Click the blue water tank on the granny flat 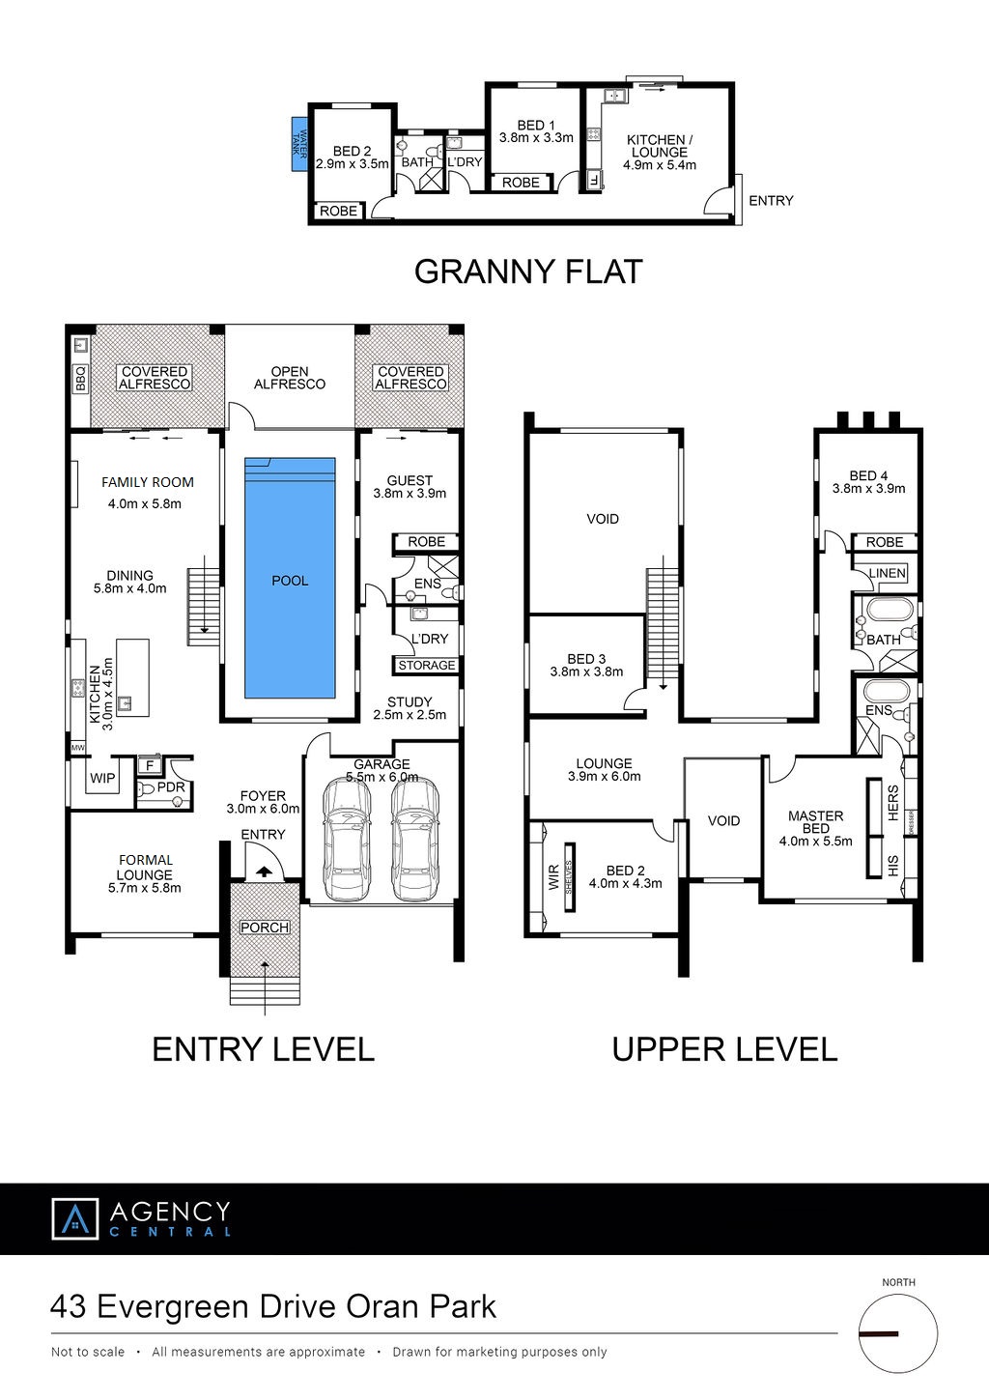pyautogui.click(x=299, y=144)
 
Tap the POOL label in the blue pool pyautogui.click(x=290, y=581)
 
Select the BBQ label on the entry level pyautogui.click(x=80, y=379)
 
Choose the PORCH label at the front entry pyautogui.click(x=265, y=928)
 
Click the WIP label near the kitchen pyautogui.click(x=102, y=778)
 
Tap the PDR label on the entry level pyautogui.click(x=171, y=787)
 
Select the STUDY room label pyautogui.click(x=410, y=701)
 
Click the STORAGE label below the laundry pyautogui.click(x=427, y=666)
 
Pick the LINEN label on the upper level pyautogui.click(x=888, y=573)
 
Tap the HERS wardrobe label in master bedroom pyautogui.click(x=893, y=803)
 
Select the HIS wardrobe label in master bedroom pyautogui.click(x=893, y=866)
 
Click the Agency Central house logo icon pyautogui.click(x=75, y=1218)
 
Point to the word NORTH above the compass pyautogui.click(x=898, y=1282)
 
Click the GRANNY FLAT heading pyautogui.click(x=528, y=271)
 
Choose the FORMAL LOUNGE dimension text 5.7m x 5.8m pyautogui.click(x=144, y=888)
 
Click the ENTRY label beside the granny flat pyautogui.click(x=771, y=201)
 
